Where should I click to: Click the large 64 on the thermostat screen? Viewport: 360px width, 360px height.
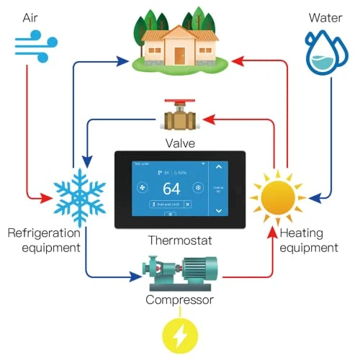(171, 189)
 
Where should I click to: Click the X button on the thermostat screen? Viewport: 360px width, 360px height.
(188, 204)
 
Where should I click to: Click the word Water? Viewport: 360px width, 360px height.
(325, 16)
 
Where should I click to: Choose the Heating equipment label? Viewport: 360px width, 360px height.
(308, 240)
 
